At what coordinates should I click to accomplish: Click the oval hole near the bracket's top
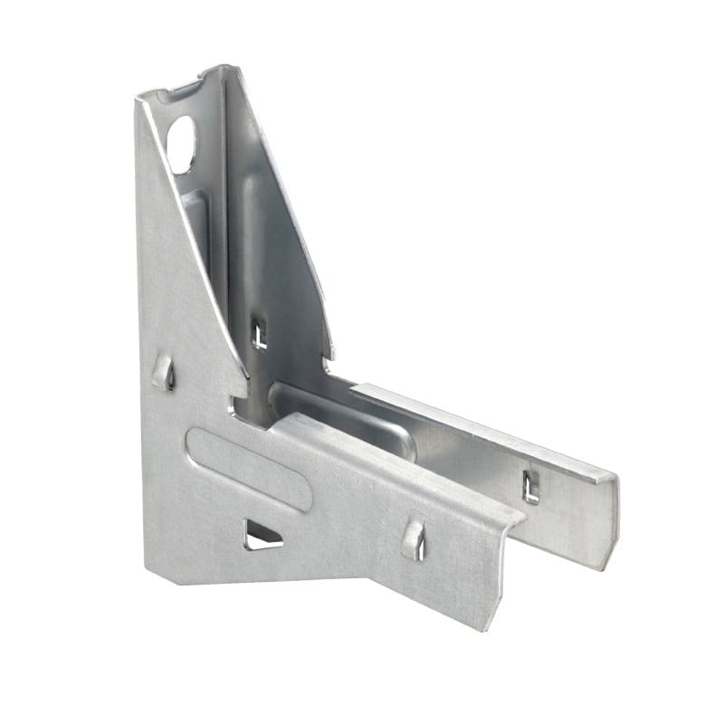[x=181, y=144]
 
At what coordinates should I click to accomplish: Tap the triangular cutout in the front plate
[x=262, y=537]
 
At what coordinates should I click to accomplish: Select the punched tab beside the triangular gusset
[x=164, y=371]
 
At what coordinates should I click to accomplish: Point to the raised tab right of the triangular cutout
[x=414, y=539]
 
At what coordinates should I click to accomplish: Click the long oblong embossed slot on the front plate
[x=249, y=468]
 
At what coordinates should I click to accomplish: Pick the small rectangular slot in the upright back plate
[x=260, y=333]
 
